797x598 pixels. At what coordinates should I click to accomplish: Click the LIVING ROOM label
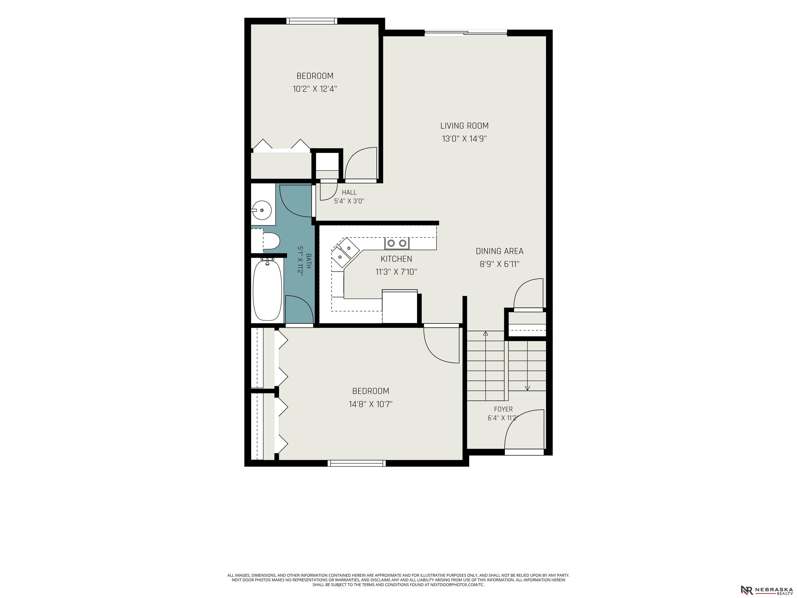464,126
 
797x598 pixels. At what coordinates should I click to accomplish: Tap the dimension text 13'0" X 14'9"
464,139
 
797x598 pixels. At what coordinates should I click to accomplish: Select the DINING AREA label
499,251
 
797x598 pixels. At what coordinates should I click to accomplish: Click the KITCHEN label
396,259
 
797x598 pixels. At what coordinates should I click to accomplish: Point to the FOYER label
503,409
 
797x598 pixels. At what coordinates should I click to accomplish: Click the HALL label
349,193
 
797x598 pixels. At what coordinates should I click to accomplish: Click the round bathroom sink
262,210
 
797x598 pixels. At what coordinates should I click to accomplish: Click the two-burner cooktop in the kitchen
397,243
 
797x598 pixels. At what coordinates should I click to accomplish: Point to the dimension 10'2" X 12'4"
315,89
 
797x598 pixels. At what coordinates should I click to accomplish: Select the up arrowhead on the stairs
485,334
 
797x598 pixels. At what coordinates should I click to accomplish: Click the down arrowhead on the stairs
527,389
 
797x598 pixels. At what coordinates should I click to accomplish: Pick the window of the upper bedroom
312,21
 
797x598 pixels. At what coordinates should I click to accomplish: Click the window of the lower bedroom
357,463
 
